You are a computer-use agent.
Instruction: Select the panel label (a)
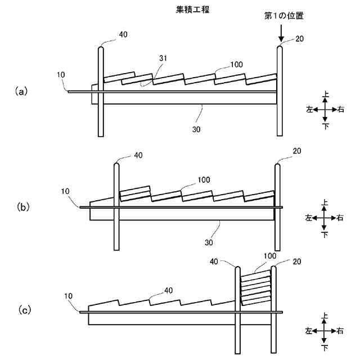21,91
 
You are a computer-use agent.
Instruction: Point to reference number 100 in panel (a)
236,65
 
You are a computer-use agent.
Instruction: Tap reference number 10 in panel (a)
61,74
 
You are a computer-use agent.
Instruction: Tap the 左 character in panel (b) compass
309,217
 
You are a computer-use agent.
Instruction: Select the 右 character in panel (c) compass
341,330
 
